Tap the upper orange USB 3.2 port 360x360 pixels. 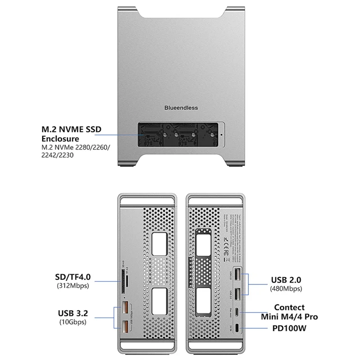point(125,310)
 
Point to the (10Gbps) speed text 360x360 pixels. point(72,322)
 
